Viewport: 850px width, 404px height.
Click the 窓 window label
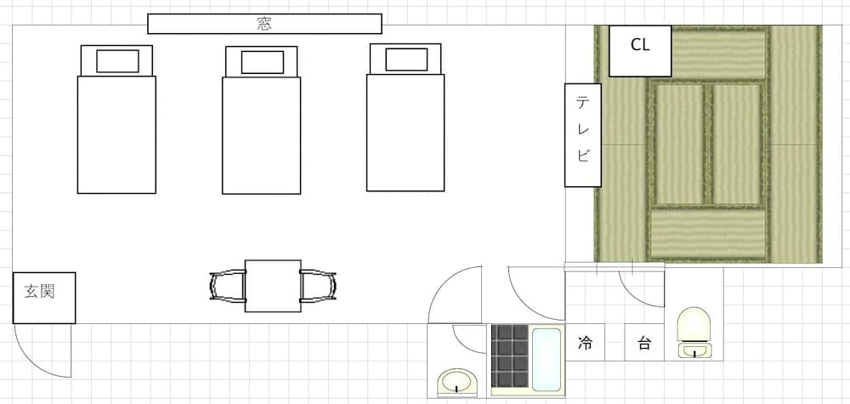[x=264, y=24]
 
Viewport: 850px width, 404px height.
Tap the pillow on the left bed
[x=117, y=61]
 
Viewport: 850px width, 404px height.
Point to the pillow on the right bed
[x=406, y=60]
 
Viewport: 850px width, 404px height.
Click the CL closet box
[x=641, y=46]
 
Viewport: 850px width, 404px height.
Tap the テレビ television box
[x=583, y=134]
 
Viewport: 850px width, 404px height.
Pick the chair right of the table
[x=318, y=286]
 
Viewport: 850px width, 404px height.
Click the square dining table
[x=273, y=285]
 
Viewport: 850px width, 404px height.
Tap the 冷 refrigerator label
[x=586, y=344]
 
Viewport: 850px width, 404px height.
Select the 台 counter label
[x=644, y=344]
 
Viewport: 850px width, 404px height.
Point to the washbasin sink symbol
[x=458, y=383]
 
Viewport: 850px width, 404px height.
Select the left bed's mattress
[x=116, y=134]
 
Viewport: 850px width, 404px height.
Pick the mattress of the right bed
[x=406, y=132]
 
